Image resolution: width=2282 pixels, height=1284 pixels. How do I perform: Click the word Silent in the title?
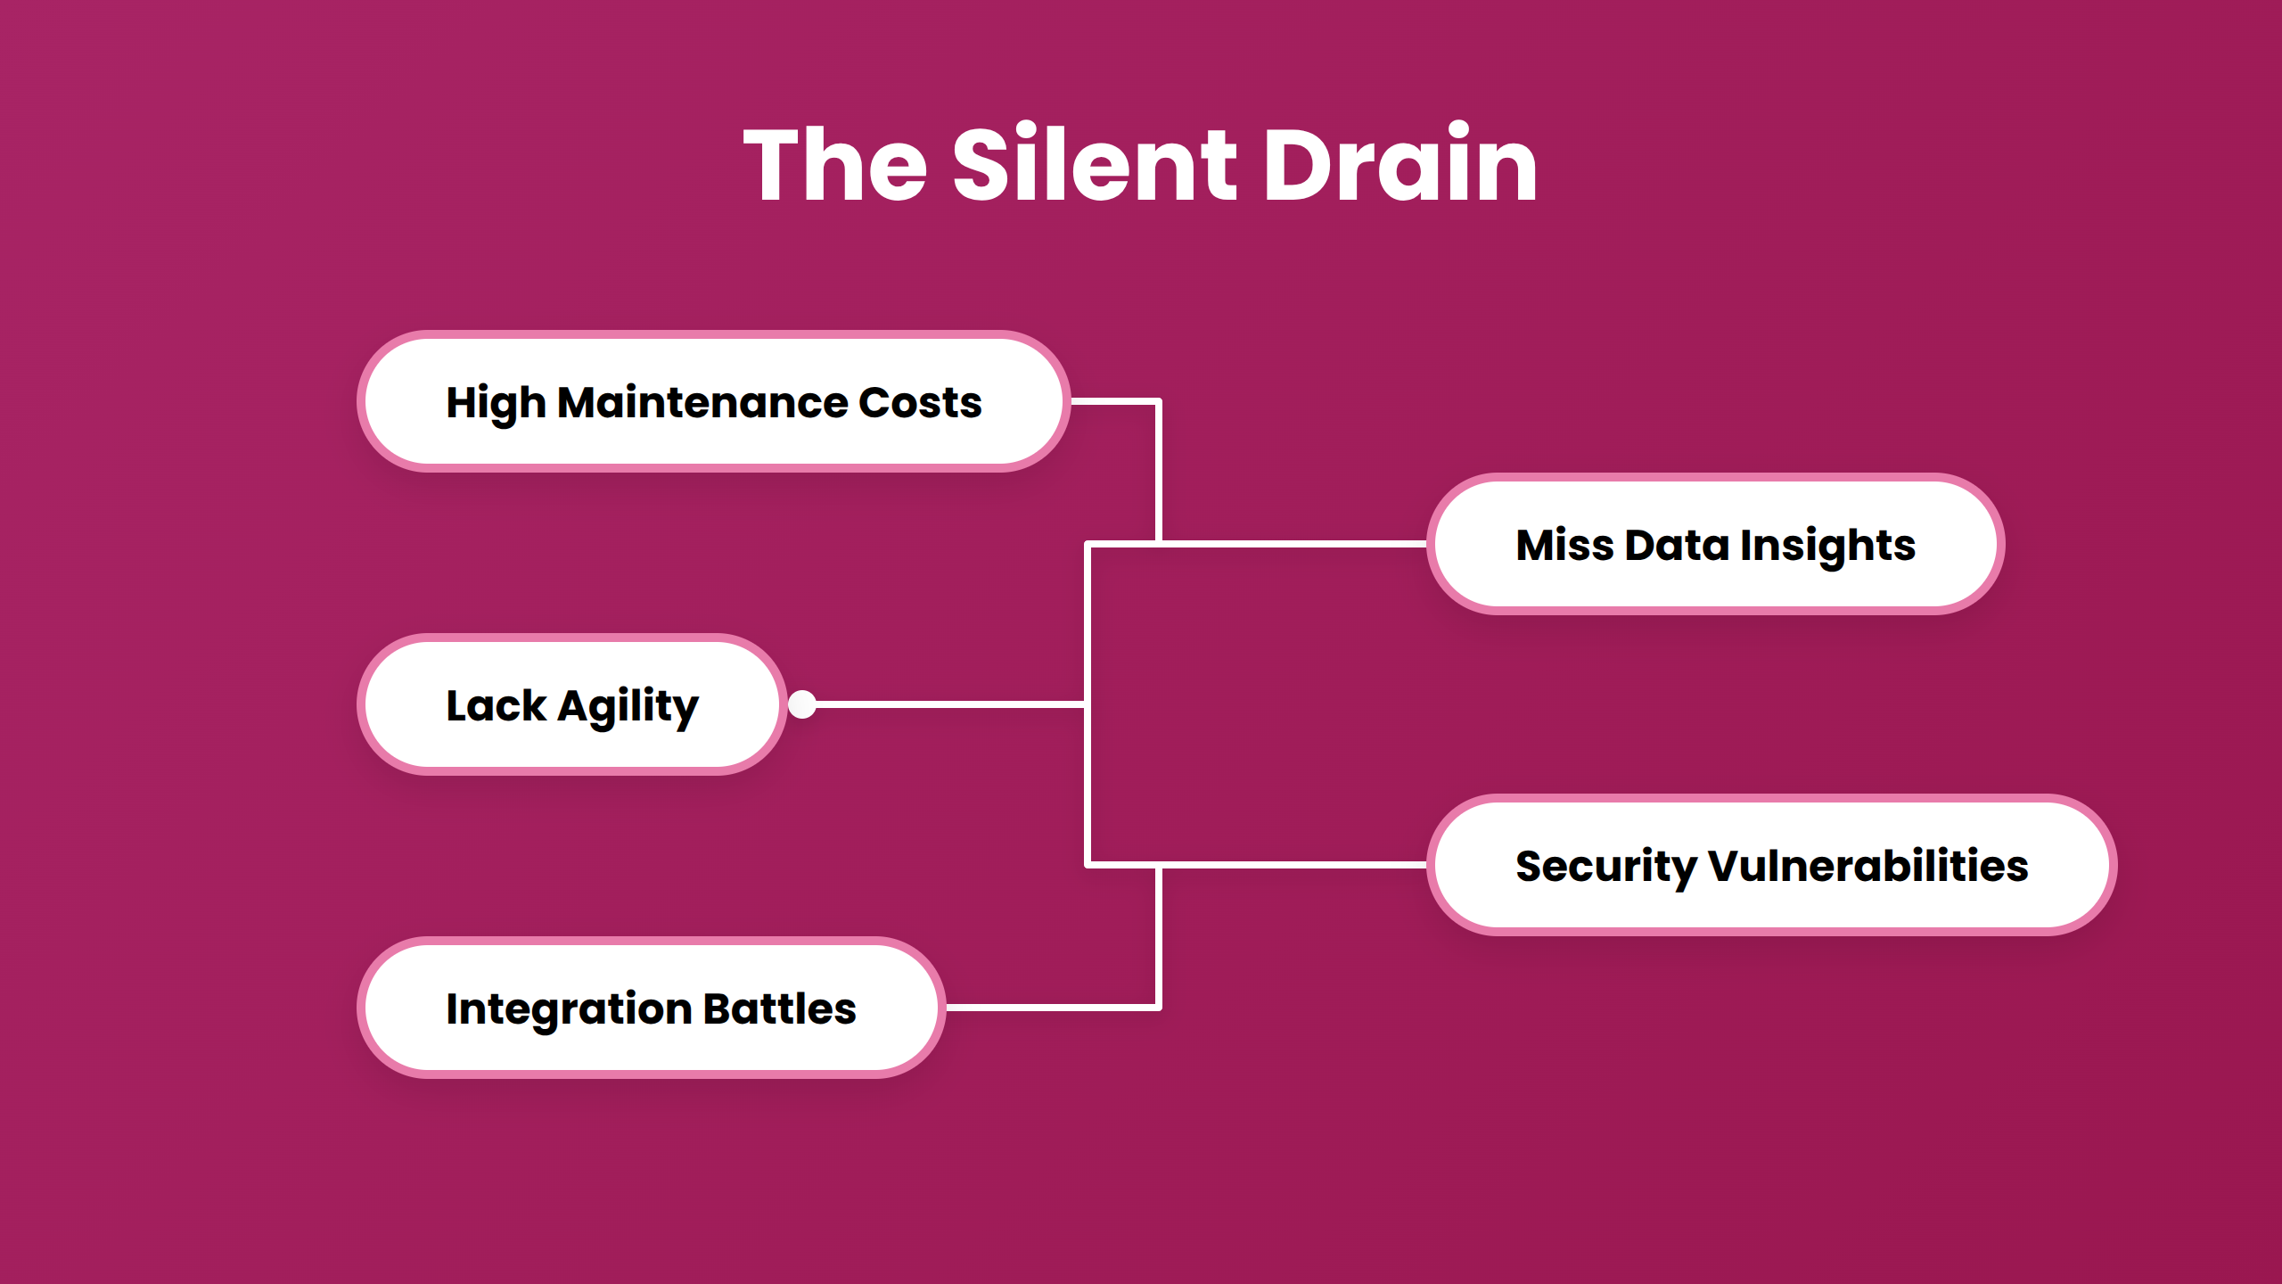click(1095, 163)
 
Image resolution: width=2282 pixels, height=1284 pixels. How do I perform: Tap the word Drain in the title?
click(1400, 163)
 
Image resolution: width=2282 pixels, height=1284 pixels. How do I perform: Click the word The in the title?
click(835, 163)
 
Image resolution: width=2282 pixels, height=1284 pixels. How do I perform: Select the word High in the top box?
click(496, 404)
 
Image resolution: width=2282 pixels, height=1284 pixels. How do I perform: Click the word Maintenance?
click(703, 402)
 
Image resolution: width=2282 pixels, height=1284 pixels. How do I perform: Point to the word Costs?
click(920, 403)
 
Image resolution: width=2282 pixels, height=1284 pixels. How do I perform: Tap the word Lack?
click(496, 705)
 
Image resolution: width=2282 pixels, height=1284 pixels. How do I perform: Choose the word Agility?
click(628, 707)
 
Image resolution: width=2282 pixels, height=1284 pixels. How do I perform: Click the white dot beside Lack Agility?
click(802, 704)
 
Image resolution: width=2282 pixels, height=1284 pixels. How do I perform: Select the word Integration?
click(569, 1010)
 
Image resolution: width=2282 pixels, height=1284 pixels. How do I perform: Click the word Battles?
click(779, 1008)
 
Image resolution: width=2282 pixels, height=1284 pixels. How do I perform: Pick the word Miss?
click(1564, 545)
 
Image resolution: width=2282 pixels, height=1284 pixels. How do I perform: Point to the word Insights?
click(1827, 547)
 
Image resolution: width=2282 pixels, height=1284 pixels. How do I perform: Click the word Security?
click(1606, 868)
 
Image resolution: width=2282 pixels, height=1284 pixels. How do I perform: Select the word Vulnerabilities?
click(1868, 866)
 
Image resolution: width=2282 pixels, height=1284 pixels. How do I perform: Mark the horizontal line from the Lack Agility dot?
click(950, 704)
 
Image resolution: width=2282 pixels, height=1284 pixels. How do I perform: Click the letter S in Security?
click(1531, 867)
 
